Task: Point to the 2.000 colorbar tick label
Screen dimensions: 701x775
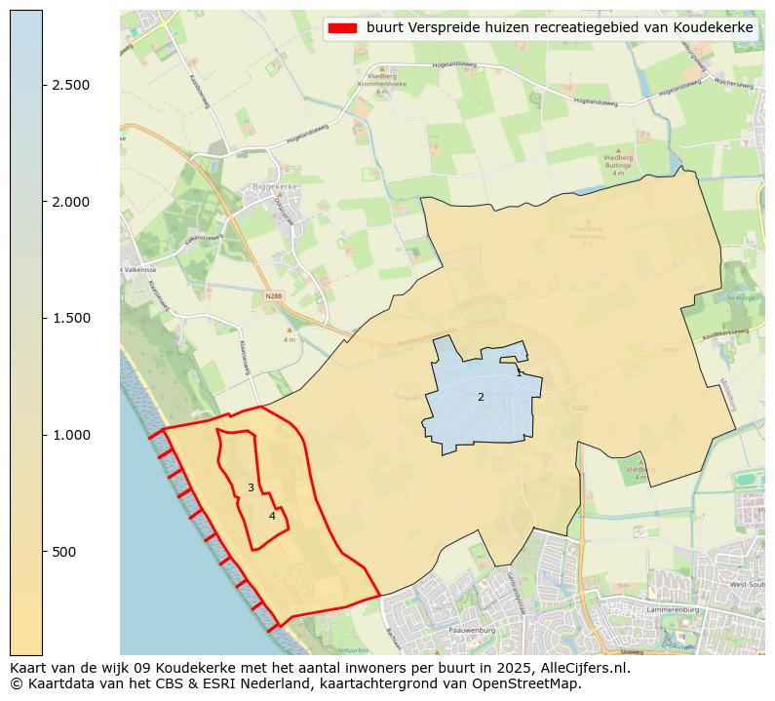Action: [x=71, y=202]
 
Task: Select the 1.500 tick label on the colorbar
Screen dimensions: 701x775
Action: [x=71, y=319]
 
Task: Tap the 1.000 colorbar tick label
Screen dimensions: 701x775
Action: [x=71, y=435]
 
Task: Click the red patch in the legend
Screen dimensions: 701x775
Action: [x=343, y=28]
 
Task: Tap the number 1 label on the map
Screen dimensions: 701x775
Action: [x=519, y=372]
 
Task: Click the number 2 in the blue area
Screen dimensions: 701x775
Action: [x=481, y=397]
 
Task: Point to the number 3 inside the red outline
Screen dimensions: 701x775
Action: [x=251, y=487]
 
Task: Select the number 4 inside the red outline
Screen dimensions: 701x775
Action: [x=272, y=516]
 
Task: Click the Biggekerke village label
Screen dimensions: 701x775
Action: [x=274, y=185]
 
